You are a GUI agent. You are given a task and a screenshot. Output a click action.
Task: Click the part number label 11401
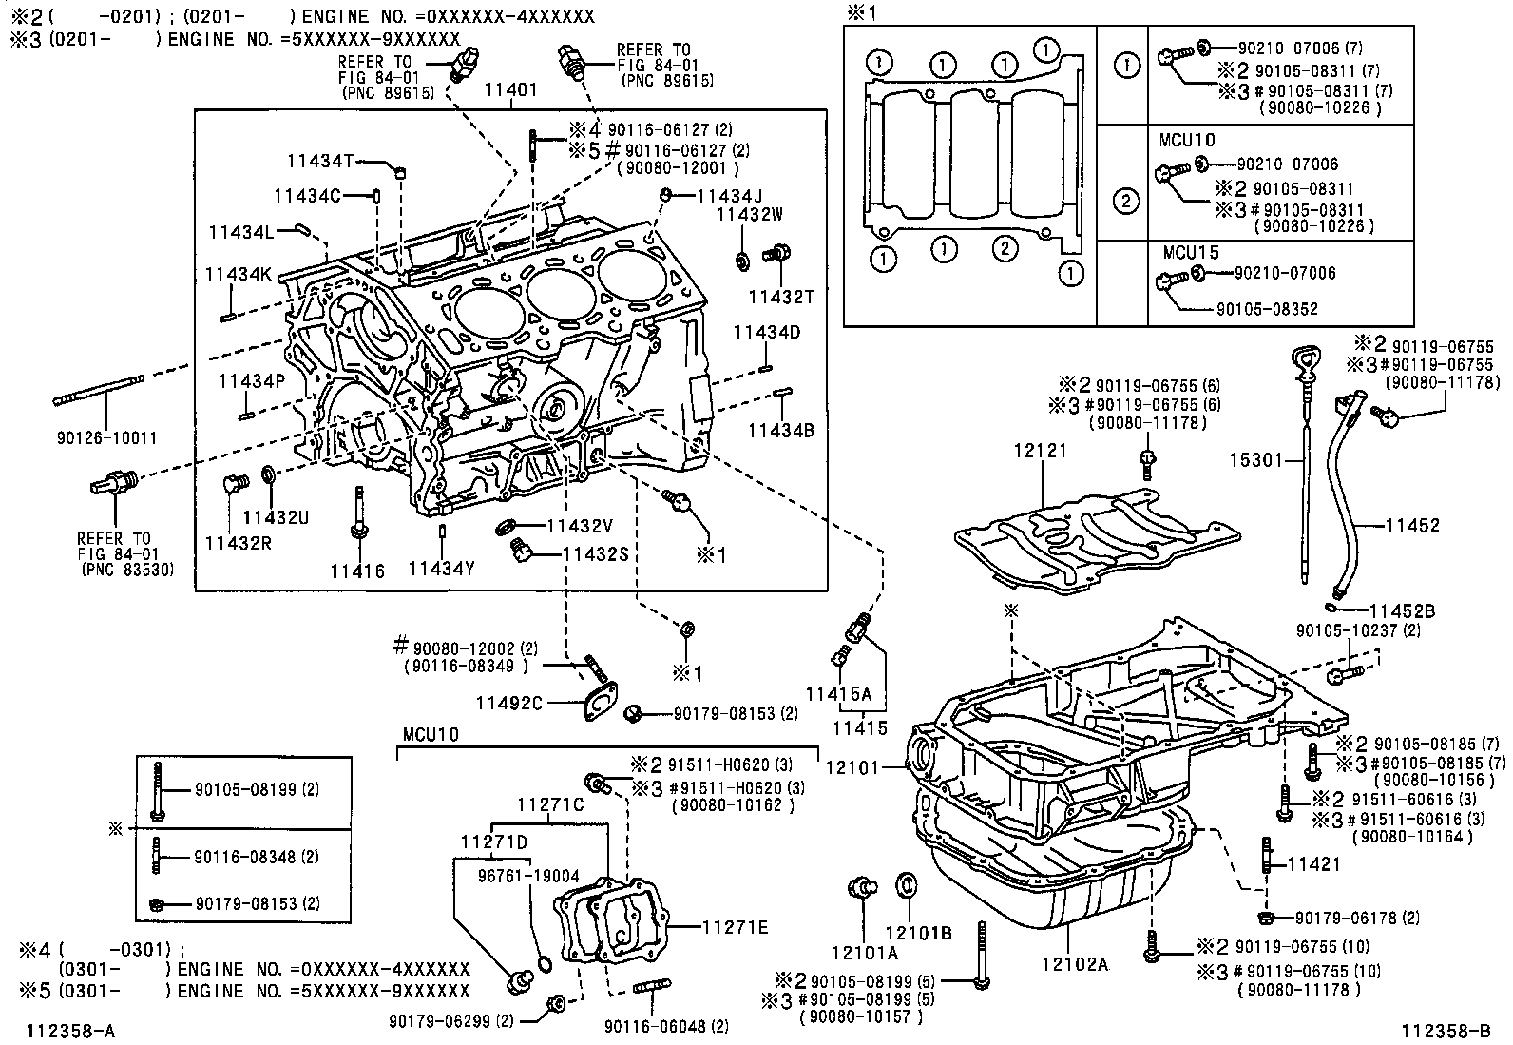coord(511,90)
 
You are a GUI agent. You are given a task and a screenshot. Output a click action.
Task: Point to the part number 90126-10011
coord(107,438)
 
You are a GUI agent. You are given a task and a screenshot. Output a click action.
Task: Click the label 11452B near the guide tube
coord(1402,610)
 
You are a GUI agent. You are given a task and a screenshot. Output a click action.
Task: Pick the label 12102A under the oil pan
coord(1075,964)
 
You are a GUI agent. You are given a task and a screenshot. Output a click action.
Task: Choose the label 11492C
coord(509,703)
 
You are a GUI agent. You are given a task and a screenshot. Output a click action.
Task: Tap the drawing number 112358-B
coord(1445,1031)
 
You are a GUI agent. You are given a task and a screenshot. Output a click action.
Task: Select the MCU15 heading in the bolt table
coord(1190,253)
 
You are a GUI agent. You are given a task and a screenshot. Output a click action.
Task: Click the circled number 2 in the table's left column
coord(1125,201)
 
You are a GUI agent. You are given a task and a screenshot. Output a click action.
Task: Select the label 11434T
coord(322,162)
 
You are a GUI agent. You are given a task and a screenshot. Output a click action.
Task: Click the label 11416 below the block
coord(357,571)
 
